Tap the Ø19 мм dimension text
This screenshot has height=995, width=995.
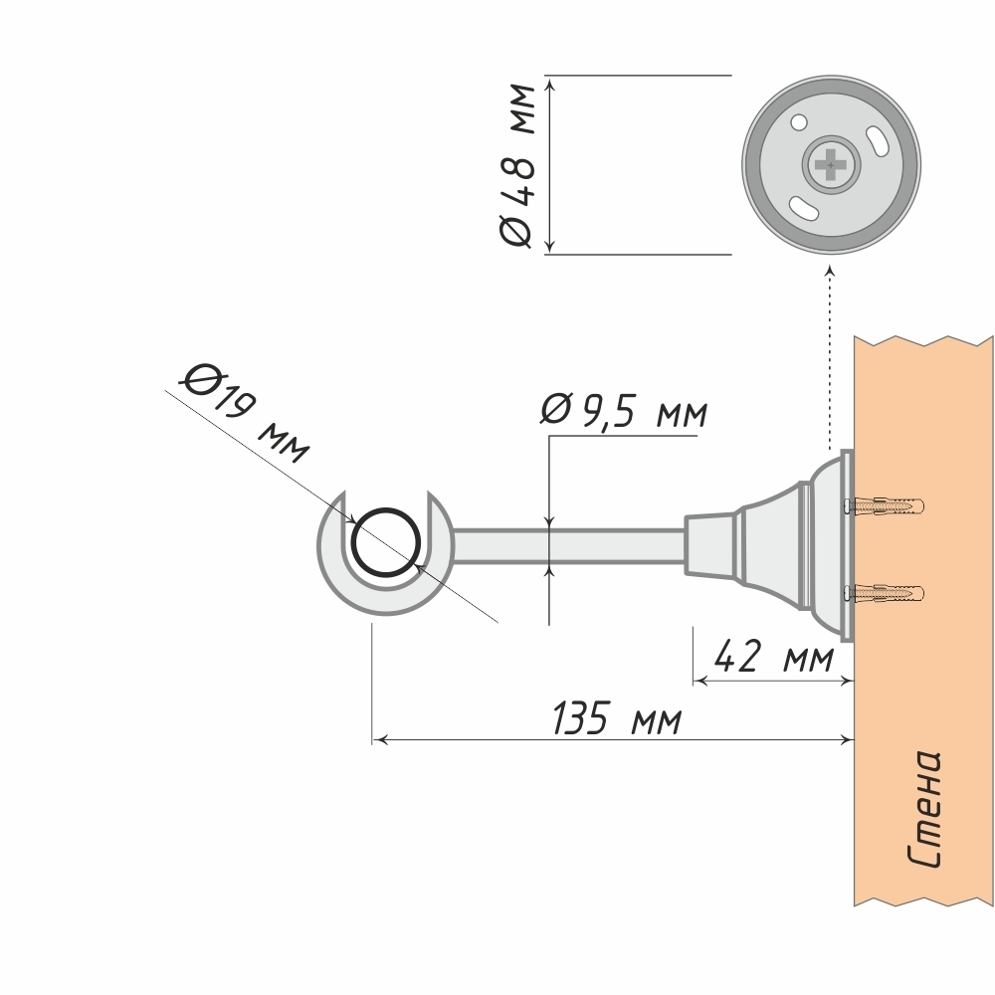point(247,413)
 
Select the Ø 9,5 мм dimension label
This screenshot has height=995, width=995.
point(623,411)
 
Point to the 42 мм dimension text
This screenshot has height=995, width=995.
point(773,658)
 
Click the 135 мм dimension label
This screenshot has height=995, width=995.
point(617,718)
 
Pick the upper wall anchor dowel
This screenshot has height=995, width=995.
point(886,505)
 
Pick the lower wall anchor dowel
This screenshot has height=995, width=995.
point(886,595)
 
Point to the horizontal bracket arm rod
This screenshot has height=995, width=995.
point(567,546)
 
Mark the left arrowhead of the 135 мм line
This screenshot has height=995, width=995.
point(378,739)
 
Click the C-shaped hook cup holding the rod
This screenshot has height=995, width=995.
point(378,597)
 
